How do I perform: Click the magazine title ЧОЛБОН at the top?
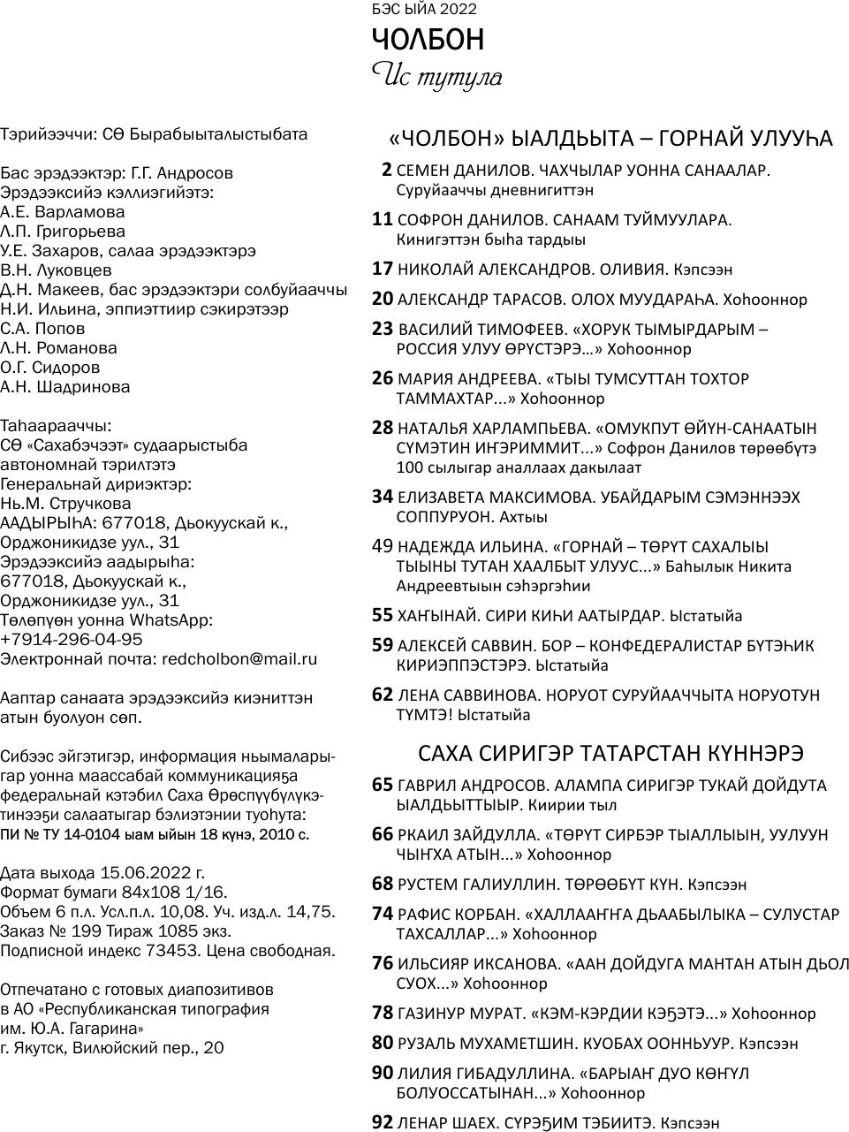point(428,41)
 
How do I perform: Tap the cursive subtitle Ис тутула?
point(436,77)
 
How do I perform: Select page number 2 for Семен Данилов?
point(386,170)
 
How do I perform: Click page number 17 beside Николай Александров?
point(382,269)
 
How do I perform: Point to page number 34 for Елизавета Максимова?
point(382,497)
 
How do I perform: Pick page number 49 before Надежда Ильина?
point(382,546)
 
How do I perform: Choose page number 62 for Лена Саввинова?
point(382,695)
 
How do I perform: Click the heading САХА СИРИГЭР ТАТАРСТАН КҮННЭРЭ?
point(610,753)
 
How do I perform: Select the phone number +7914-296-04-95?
point(72,640)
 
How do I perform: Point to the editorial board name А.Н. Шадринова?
point(65,387)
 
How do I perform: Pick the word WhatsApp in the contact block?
point(171,620)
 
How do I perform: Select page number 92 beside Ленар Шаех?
point(382,1122)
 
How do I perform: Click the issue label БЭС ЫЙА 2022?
point(424,10)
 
